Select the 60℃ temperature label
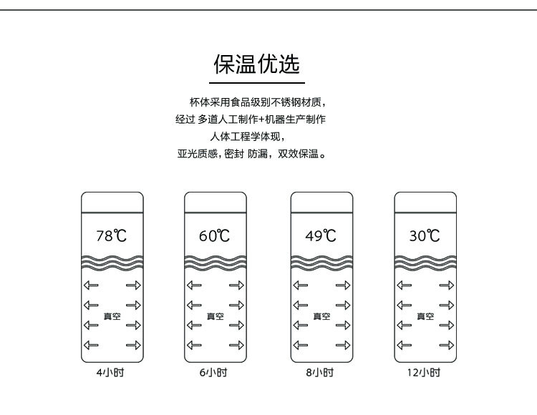coord(215,235)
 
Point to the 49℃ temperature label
coord(321,235)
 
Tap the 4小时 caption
coord(112,373)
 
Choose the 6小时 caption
coord(215,373)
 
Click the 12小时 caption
coord(425,373)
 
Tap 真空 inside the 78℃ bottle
coord(112,316)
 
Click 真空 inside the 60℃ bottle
coord(215,316)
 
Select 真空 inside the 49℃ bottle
coord(321,316)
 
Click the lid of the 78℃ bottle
coord(112,202)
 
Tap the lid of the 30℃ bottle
coord(425,202)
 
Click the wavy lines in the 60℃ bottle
coord(215,261)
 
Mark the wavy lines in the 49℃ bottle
coord(321,261)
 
